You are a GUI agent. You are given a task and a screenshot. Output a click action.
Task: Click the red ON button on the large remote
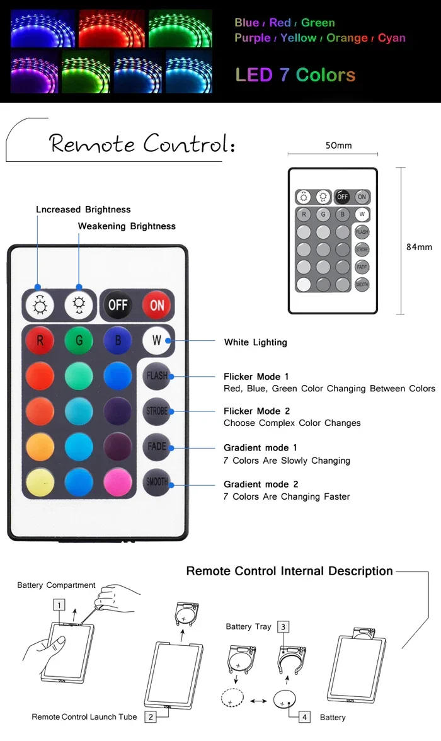click(156, 305)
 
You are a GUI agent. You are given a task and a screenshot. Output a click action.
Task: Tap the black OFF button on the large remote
click(118, 305)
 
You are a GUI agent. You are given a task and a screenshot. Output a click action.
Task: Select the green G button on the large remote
click(79, 340)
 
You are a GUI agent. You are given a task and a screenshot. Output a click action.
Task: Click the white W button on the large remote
click(156, 340)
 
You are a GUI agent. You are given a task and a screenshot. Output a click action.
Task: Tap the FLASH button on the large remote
click(156, 376)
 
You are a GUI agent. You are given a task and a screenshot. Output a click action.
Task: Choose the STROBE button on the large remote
click(156, 411)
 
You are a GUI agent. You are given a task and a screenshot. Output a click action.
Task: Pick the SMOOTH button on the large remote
click(156, 482)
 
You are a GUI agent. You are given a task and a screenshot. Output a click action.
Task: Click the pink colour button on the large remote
click(118, 482)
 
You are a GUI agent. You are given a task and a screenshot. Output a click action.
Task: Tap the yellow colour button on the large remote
click(40, 482)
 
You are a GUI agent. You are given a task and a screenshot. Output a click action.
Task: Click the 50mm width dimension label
click(338, 146)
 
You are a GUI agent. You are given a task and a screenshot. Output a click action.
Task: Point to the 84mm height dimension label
click(419, 247)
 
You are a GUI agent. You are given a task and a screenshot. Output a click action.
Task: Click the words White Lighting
click(256, 343)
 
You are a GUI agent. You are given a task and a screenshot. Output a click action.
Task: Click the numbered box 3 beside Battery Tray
click(283, 627)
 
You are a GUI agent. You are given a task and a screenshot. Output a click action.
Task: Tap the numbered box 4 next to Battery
click(304, 717)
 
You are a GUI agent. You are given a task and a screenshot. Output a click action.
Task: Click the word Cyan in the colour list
click(391, 38)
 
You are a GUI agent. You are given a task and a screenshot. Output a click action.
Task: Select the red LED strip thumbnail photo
click(112, 29)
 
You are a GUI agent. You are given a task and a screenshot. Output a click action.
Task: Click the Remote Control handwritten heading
click(142, 142)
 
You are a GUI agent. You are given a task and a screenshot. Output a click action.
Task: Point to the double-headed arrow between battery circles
click(258, 701)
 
